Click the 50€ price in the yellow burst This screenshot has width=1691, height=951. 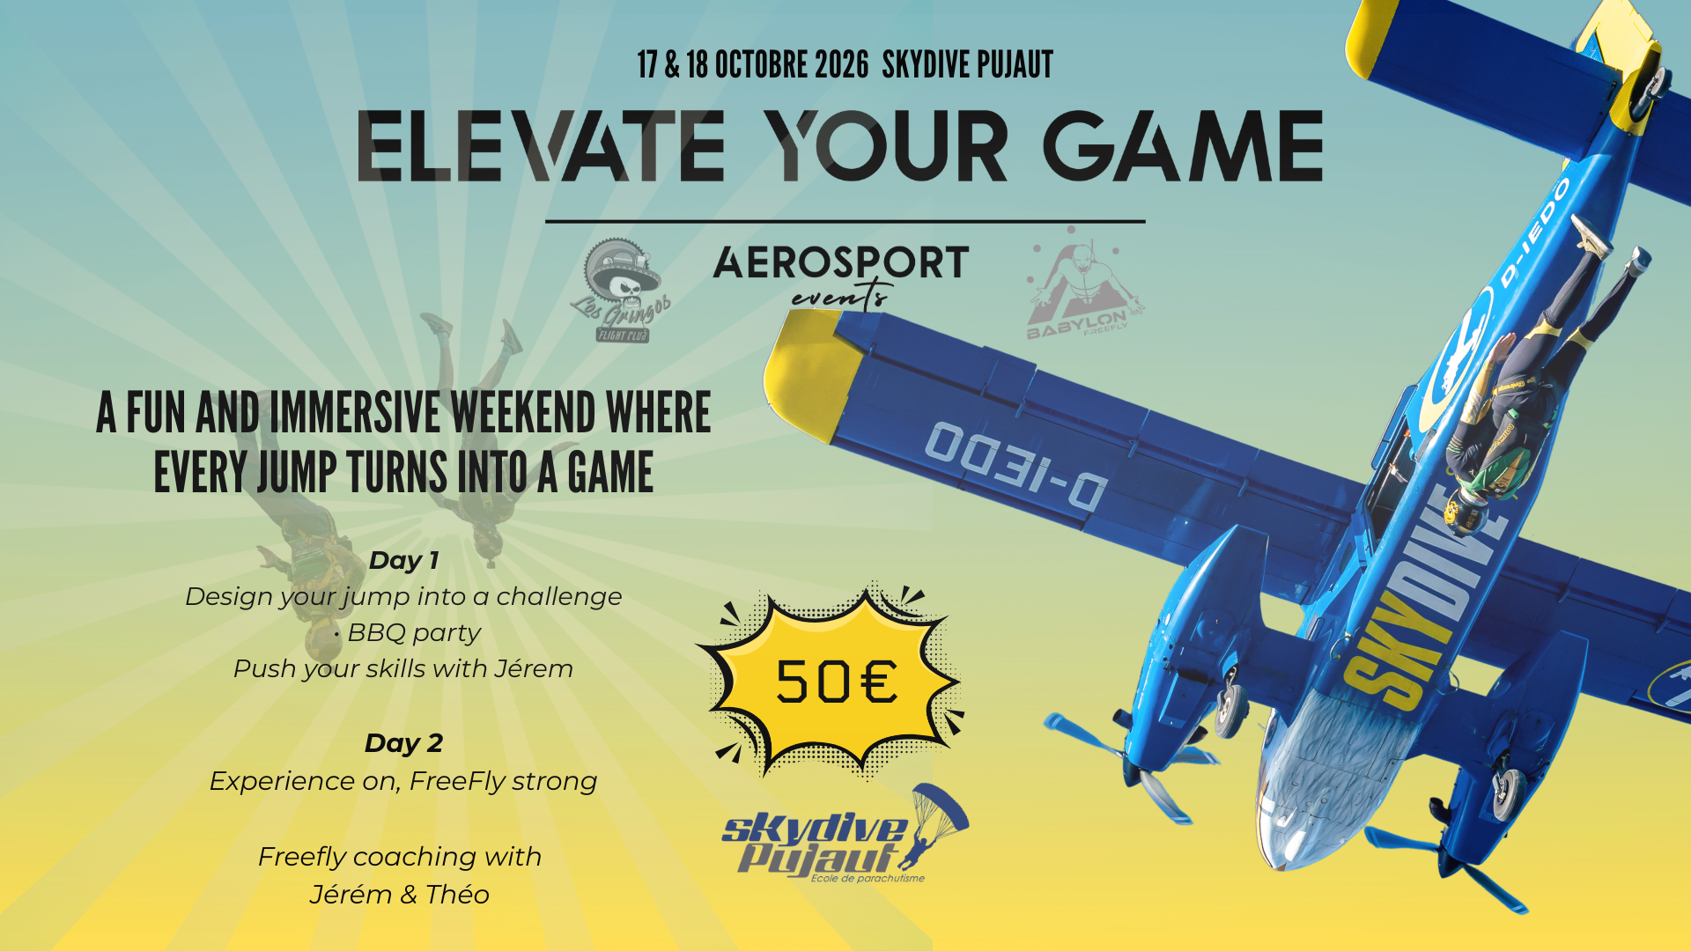click(x=836, y=682)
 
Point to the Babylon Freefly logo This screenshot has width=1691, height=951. click(x=1080, y=286)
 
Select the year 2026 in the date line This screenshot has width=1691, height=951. click(x=841, y=65)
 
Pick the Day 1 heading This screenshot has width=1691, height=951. click(x=403, y=560)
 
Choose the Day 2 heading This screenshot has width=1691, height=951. click(x=403, y=743)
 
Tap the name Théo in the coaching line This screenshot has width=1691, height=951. click(x=457, y=895)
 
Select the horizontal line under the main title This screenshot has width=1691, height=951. click(x=845, y=221)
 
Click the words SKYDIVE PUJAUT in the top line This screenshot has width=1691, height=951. click(x=967, y=65)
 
